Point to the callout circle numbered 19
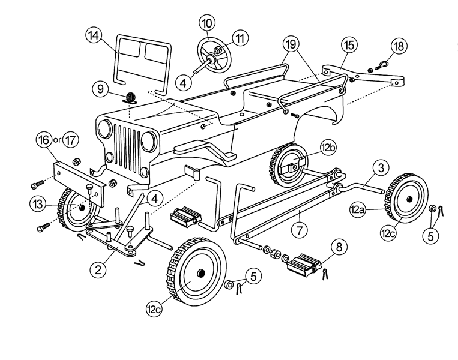291,44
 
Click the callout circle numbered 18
399,46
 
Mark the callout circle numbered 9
100,89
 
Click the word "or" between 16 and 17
58,140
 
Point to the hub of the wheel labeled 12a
409,199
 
